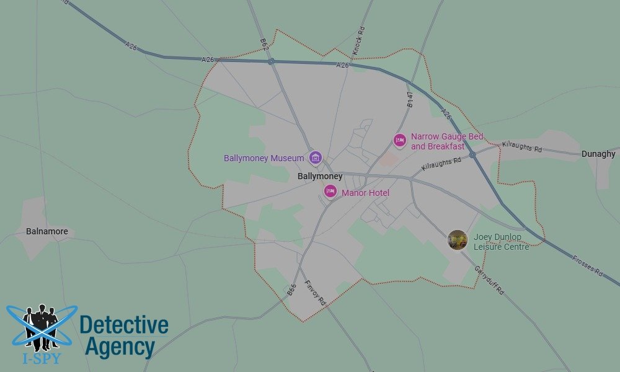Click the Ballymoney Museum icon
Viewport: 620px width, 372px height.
coord(316,158)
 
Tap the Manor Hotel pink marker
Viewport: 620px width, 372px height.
coord(331,192)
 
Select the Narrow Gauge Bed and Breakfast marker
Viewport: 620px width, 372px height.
coord(401,141)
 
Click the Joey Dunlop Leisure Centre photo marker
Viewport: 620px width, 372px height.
coord(458,240)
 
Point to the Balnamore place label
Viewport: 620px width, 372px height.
coord(47,232)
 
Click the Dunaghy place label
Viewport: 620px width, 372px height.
coord(598,154)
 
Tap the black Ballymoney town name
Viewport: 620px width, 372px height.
coord(320,177)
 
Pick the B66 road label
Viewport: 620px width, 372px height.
coord(292,290)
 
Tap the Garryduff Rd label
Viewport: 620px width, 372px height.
coord(490,280)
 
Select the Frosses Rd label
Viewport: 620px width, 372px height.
coord(588,264)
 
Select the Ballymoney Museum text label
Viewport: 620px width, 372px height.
coord(264,158)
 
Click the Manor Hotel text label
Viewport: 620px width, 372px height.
coord(365,193)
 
